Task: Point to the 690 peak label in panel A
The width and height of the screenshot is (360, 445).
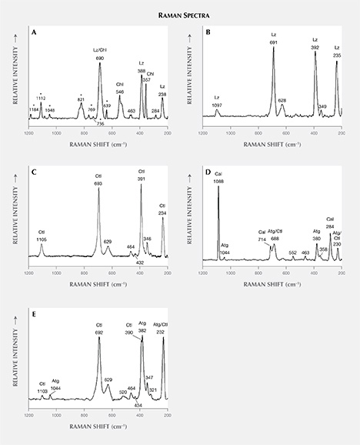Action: pyautogui.click(x=99, y=59)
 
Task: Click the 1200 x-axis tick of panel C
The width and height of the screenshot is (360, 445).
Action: pyautogui.click(x=28, y=273)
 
